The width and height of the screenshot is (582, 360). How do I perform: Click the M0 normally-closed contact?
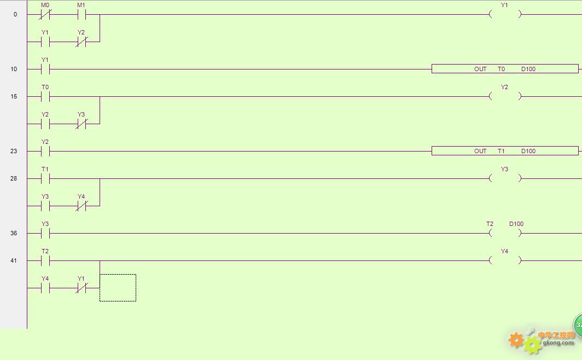point(45,14)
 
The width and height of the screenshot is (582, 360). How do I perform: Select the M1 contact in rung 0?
point(82,14)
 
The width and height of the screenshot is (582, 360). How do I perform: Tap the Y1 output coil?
point(505,14)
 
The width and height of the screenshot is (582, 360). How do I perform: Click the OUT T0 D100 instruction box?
point(505,68)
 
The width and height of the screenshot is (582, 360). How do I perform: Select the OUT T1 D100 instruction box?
point(505,151)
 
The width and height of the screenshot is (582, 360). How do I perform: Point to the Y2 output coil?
point(505,96)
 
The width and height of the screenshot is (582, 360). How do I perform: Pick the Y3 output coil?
point(505,178)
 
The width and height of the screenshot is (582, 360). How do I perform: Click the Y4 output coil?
point(505,260)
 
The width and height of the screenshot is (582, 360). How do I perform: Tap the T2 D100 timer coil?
point(505,233)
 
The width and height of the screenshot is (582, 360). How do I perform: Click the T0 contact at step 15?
point(45,96)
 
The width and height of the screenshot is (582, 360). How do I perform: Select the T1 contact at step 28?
point(45,178)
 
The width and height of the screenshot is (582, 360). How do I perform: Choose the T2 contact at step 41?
point(45,260)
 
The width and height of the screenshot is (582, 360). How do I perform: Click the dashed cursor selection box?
point(118,275)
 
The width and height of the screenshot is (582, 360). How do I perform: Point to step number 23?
point(14,151)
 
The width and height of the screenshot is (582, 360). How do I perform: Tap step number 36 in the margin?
point(14,233)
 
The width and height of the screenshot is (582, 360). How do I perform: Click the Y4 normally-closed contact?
point(82,206)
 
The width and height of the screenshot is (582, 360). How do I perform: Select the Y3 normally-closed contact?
point(82,124)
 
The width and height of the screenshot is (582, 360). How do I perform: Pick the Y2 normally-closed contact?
point(82,42)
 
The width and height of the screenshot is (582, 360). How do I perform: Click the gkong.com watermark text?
point(558,342)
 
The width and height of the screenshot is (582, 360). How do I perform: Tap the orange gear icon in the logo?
point(516,340)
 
